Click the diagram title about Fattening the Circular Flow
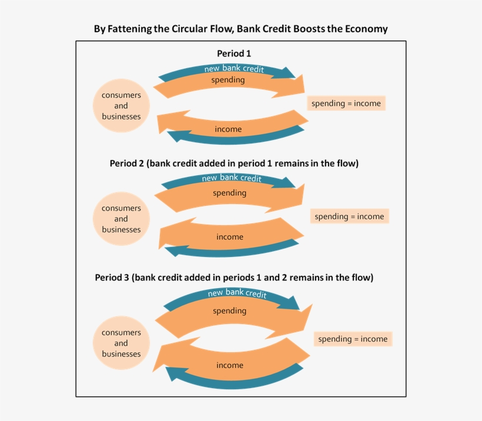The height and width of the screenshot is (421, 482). point(240,29)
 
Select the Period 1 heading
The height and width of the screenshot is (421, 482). point(234,53)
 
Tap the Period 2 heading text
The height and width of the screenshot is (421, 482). point(234,163)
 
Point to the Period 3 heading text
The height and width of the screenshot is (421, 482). point(234,277)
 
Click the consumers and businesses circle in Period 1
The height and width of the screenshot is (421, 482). point(121,106)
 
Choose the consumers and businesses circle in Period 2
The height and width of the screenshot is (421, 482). point(121,219)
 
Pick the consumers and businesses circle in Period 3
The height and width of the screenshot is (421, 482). point(121,343)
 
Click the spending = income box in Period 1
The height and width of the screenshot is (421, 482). point(346,103)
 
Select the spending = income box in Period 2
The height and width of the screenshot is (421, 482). point(349,216)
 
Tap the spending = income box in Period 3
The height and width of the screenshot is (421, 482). point(353,339)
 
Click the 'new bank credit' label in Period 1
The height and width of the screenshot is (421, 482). point(234,69)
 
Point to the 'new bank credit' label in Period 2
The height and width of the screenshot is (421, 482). point(232,178)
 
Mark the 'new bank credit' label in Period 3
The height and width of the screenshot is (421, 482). point(237,293)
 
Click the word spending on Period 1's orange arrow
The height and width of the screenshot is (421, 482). point(228,80)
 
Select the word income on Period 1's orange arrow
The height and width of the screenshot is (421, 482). point(228,129)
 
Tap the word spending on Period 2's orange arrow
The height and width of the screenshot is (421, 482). point(229,193)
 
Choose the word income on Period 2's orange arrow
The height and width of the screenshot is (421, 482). point(229,237)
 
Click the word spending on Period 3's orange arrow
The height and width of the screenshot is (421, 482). point(229,310)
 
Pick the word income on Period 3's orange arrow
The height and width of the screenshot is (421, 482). point(229,365)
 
